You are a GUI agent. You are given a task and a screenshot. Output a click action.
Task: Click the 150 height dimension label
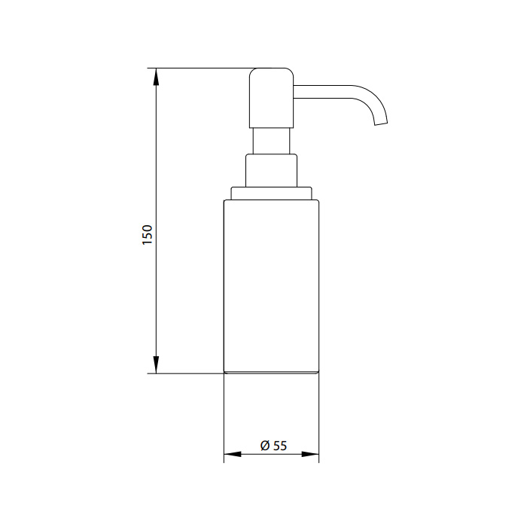pos(148,235)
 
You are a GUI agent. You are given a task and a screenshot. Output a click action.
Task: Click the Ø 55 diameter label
pos(273,446)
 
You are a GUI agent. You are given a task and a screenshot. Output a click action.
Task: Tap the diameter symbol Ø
pos(265,446)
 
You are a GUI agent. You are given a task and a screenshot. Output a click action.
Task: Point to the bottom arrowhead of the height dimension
pos(156,364)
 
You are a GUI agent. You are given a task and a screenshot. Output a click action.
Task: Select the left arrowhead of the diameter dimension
pos(233,455)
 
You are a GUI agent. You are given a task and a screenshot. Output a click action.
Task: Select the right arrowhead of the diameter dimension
pos(310,455)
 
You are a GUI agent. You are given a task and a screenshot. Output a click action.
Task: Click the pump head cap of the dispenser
pos(271,98)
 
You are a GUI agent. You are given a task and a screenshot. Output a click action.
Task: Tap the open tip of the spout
pos(382,123)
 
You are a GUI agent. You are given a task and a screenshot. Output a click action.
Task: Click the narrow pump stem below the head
pos(271,141)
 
